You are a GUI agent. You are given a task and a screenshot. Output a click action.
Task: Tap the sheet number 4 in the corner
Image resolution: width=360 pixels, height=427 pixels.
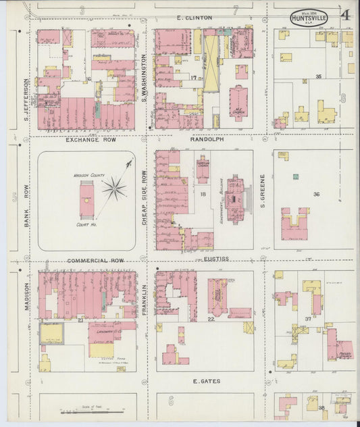pyautogui.click(x=345, y=15)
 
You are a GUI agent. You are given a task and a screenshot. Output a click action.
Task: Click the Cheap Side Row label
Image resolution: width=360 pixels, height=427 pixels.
pyautogui.click(x=144, y=199)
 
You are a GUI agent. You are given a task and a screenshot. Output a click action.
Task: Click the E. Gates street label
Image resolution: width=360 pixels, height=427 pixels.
pyautogui.click(x=207, y=381)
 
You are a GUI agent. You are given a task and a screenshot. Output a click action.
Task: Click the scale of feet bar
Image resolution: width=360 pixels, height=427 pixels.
pyautogui.click(x=91, y=410)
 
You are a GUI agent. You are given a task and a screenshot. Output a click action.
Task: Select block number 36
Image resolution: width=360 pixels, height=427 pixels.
pyautogui.click(x=316, y=195)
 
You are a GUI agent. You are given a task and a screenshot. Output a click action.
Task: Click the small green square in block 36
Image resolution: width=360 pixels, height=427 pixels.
pyautogui.click(x=295, y=176)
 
